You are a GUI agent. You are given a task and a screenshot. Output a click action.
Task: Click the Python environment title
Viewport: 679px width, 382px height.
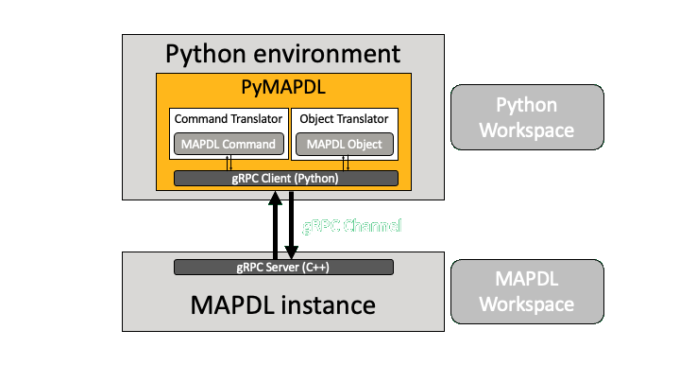(x=282, y=54)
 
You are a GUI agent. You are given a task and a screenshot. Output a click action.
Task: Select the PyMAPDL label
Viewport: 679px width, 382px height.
(x=282, y=90)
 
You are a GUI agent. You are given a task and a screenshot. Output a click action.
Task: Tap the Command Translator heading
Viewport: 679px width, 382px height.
(x=228, y=119)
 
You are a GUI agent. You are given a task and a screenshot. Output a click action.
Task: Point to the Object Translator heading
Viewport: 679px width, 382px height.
(x=344, y=119)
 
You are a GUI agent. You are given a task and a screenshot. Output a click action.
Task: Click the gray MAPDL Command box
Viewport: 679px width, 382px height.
(x=228, y=145)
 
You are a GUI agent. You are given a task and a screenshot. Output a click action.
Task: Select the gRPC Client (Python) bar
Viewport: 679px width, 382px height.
(x=286, y=178)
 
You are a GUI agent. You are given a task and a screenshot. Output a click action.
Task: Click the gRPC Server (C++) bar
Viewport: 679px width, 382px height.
(x=283, y=267)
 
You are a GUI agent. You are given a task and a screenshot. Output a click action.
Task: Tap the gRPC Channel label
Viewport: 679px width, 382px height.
(x=351, y=226)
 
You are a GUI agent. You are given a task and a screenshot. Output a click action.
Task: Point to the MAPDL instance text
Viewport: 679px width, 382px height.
(x=282, y=305)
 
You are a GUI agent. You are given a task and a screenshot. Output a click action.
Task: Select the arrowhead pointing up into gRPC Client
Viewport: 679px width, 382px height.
(x=276, y=197)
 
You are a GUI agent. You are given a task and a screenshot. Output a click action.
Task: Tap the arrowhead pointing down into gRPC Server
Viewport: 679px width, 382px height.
(x=292, y=252)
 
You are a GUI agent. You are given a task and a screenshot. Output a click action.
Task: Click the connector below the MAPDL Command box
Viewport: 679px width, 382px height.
(x=229, y=163)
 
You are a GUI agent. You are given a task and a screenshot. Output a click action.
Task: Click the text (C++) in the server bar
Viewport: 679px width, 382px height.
(x=315, y=267)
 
